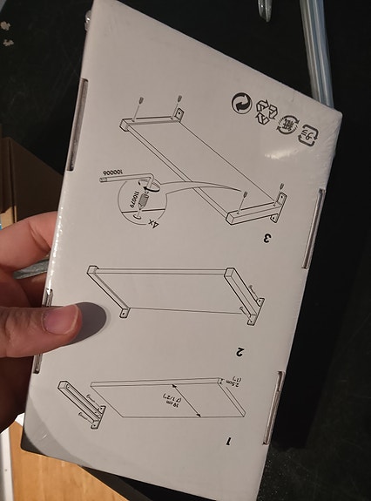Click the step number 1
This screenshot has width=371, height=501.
[228, 440]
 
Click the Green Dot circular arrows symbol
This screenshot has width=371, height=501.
[239, 104]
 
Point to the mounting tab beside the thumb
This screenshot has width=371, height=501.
[122, 311]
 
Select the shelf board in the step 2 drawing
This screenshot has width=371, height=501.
[165, 288]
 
